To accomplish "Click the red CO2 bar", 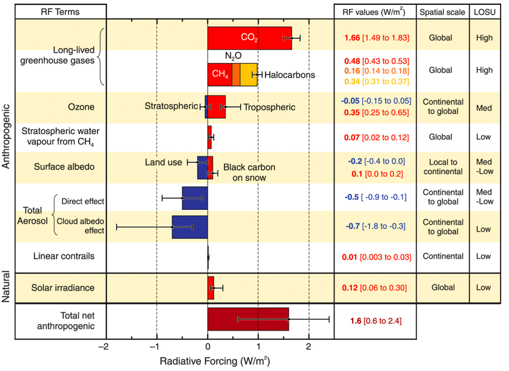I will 249,38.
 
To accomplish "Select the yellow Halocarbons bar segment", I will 249,75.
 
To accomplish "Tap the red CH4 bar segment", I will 220,75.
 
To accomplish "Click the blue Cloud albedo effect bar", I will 190,227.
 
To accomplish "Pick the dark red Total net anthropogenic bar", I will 248,319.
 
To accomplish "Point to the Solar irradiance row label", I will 63,288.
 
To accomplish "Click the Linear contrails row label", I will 63,256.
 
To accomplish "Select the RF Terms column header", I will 60,11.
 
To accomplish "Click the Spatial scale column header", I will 442,11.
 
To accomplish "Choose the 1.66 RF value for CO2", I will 351,38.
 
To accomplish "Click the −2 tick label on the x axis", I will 103,348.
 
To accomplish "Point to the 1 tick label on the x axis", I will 259,348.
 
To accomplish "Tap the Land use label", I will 163,162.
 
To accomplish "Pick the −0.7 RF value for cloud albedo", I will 353,226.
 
